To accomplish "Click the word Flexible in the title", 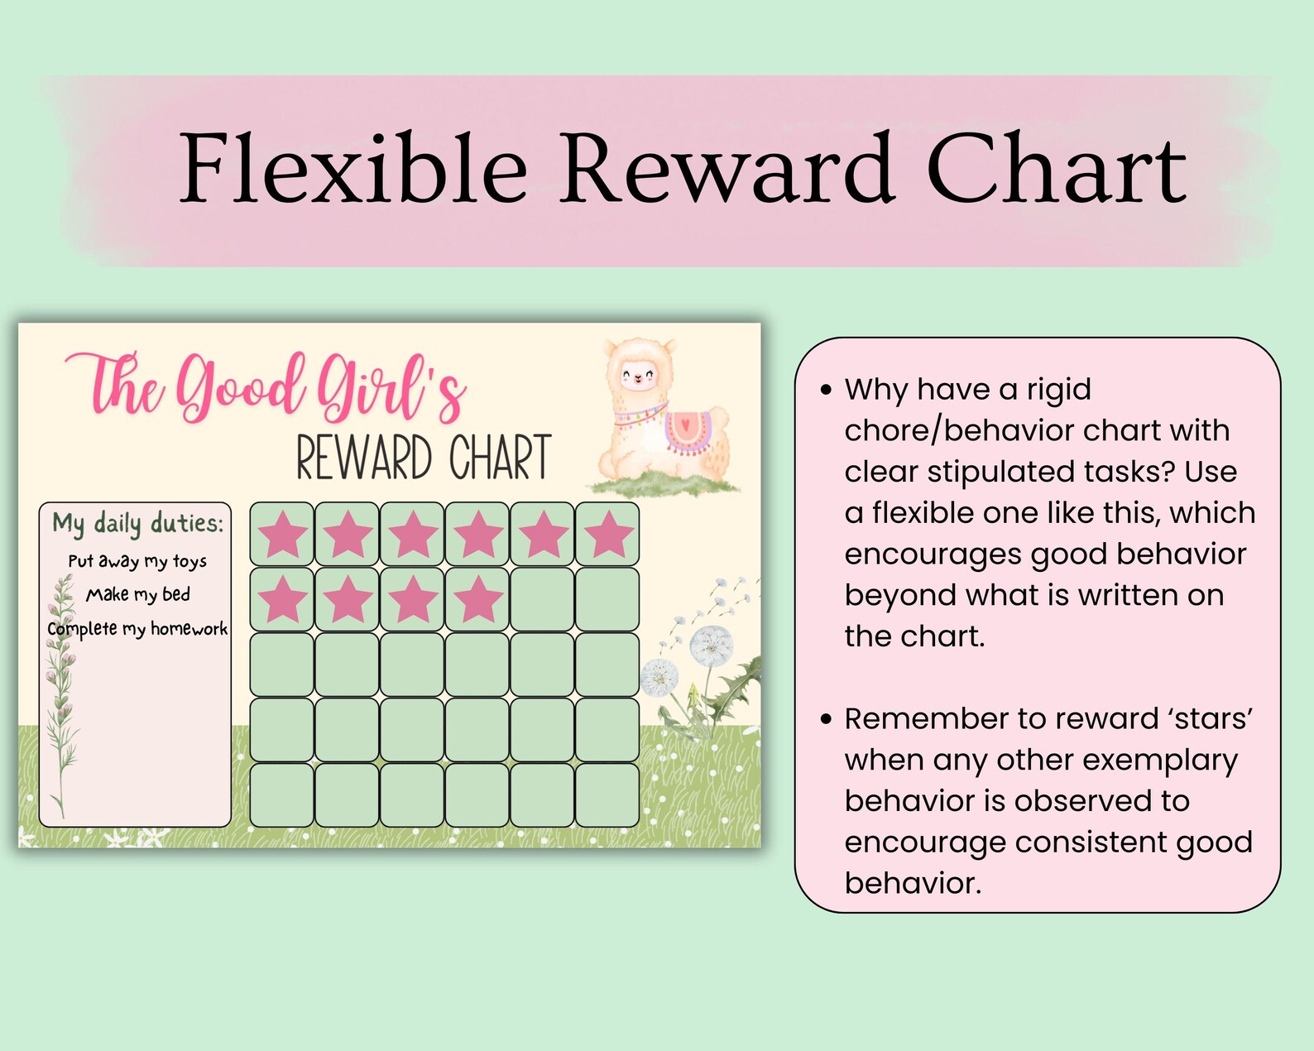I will point(353,170).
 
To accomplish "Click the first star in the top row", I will point(282,534).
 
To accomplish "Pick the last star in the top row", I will point(607,534).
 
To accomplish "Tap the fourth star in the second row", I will point(477,599).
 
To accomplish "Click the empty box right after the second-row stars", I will point(542,599).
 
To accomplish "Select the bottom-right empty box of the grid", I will point(607,795).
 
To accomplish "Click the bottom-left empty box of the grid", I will point(282,795).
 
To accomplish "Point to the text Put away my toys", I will point(137,561).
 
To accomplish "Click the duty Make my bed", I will point(138,595).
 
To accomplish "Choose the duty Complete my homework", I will point(137,629).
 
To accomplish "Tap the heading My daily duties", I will point(137,523).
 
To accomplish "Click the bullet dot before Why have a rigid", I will point(825,390).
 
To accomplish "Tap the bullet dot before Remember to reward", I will point(825,719).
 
